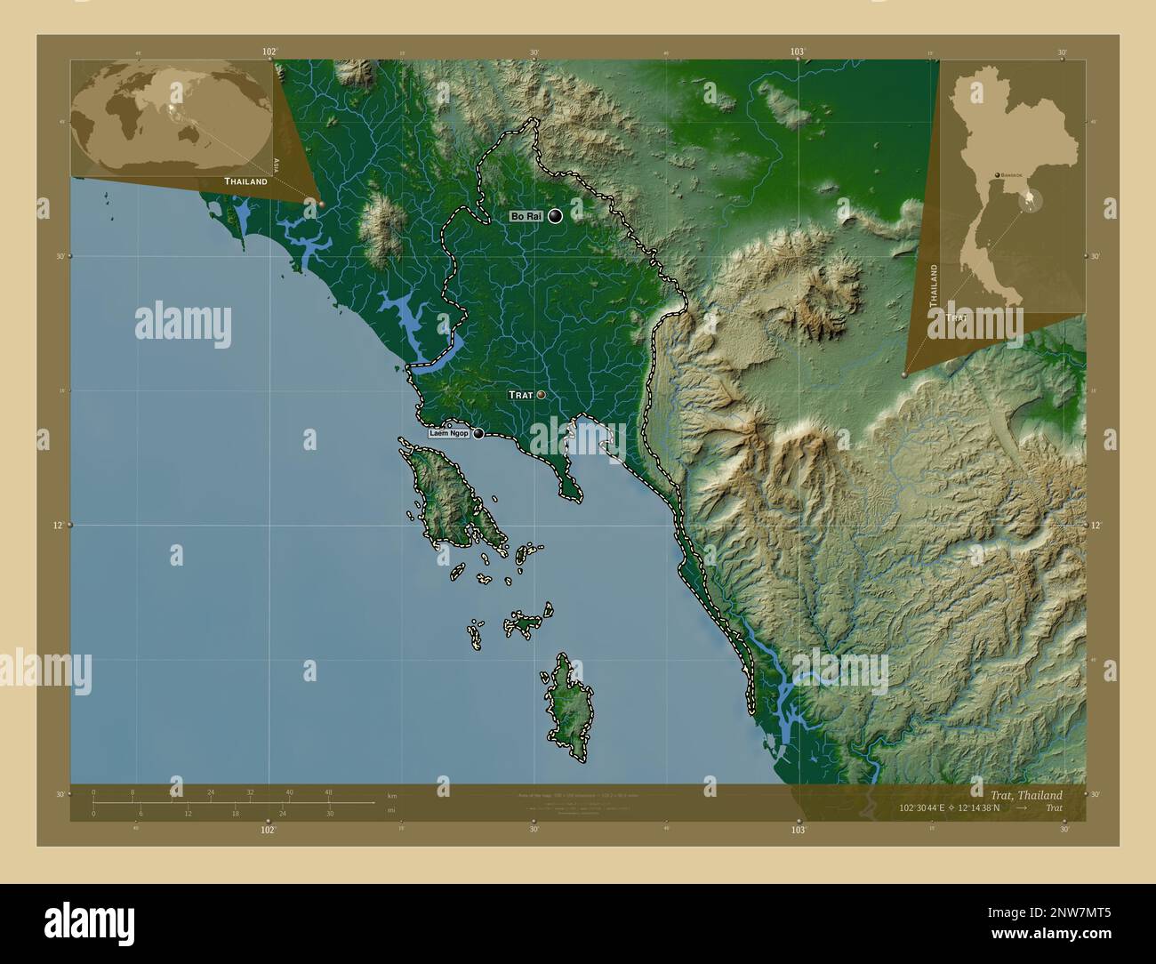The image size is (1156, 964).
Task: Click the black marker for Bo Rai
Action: (x=556, y=215)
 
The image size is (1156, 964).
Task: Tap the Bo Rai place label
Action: (x=525, y=216)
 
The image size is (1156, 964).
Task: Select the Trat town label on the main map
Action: (x=520, y=395)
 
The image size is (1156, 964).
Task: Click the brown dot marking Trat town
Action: (x=541, y=395)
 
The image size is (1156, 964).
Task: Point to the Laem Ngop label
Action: (x=449, y=434)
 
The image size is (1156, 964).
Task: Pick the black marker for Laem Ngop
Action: (x=479, y=434)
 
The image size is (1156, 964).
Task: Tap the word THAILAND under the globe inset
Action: (x=245, y=181)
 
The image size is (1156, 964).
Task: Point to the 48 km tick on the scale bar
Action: (x=328, y=791)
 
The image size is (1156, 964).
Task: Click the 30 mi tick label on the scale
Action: (x=329, y=813)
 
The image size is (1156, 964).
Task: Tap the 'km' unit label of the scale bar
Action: (x=392, y=795)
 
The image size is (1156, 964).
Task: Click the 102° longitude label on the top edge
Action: (x=269, y=52)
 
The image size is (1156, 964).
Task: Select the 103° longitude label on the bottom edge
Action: (x=798, y=829)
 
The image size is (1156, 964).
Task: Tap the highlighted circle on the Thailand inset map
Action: (x=1032, y=200)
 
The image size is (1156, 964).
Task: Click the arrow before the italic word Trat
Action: (x=1024, y=807)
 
